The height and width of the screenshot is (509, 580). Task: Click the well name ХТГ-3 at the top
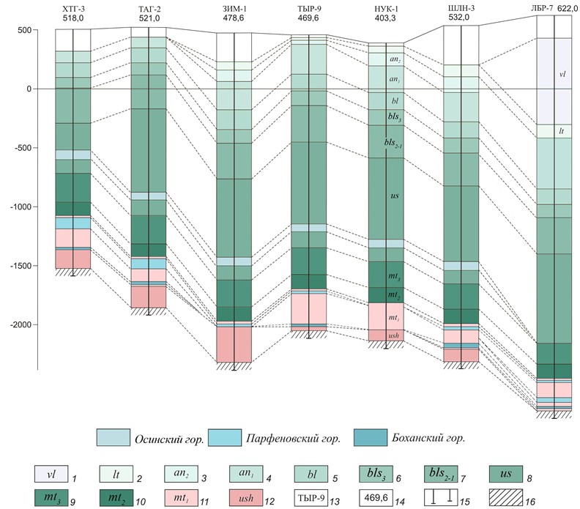coord(72,8)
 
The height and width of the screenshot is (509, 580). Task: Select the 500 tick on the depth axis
coord(26,30)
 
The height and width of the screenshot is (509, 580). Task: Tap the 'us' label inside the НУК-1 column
coord(395,197)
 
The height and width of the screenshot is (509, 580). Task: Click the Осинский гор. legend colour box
coord(114,438)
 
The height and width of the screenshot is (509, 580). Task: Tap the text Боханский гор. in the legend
coord(428,439)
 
